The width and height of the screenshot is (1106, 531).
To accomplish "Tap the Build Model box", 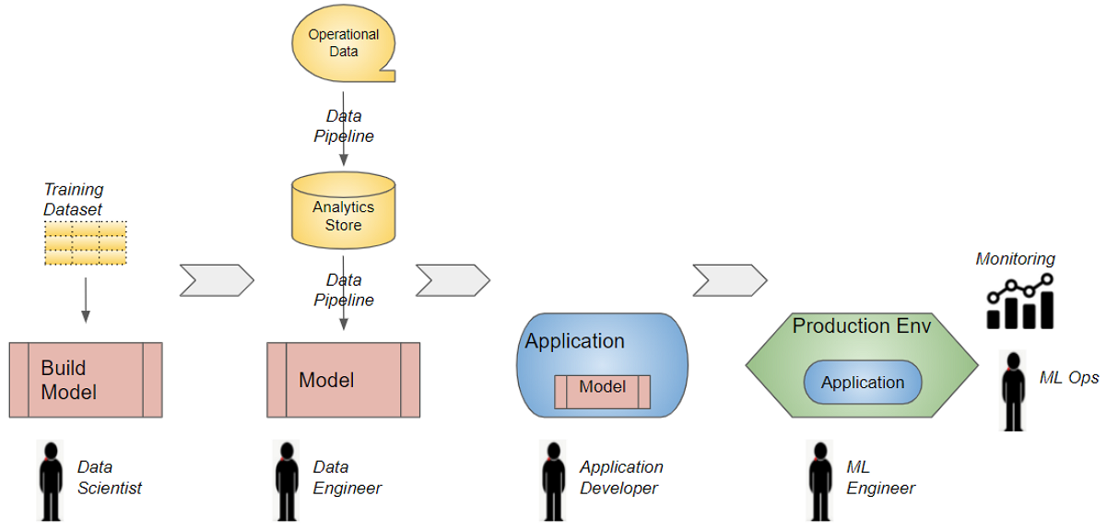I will (x=85, y=380).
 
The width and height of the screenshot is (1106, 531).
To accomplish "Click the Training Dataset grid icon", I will (x=86, y=243).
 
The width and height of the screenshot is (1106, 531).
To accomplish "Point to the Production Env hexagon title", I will (x=862, y=326).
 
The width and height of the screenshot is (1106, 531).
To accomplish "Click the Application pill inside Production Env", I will (x=863, y=383).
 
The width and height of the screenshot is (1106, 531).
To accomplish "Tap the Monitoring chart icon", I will (x=1019, y=301).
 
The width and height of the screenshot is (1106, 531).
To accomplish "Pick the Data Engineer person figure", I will (x=288, y=480).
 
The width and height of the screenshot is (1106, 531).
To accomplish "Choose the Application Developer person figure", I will (x=553, y=480).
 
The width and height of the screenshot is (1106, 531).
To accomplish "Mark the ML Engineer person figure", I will (x=819, y=480).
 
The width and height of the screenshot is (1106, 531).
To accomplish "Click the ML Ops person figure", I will (x=1014, y=390).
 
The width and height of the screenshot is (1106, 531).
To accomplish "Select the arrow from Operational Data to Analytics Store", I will (x=343, y=128).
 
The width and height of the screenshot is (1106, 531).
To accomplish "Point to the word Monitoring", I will (x=1015, y=260).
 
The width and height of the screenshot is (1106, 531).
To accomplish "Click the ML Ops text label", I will (x=1069, y=378).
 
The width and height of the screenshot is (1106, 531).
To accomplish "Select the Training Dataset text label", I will (x=74, y=199).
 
